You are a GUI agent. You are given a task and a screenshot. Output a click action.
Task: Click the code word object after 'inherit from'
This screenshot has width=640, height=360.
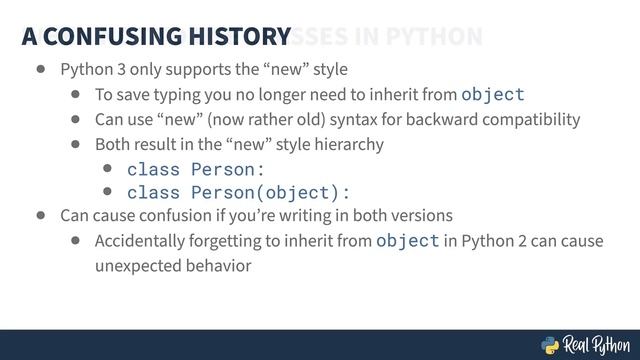(492, 95)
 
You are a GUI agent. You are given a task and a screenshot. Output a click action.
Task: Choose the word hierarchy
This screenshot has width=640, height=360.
(349, 145)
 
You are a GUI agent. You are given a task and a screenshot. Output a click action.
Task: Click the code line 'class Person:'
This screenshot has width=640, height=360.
(196, 169)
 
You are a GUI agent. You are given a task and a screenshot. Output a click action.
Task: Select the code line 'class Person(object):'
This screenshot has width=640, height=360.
(239, 192)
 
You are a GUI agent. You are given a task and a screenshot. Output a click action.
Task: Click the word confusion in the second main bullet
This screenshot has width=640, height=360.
(159, 216)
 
